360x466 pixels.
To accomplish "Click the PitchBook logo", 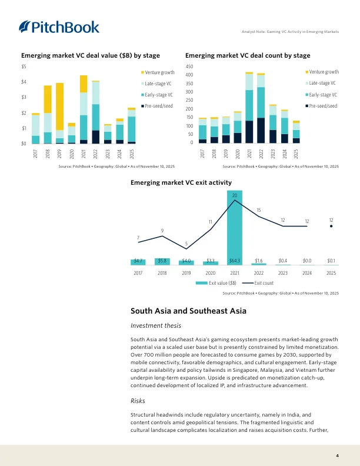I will (x=59, y=26).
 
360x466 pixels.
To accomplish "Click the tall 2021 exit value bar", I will (x=235, y=229).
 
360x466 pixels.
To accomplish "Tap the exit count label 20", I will (x=235, y=195).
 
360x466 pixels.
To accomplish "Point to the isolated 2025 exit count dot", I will (x=331, y=226).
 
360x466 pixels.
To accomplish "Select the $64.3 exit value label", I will (x=235, y=259).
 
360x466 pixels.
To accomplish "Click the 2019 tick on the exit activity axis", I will (x=186, y=272).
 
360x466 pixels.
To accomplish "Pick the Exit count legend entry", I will (x=255, y=283).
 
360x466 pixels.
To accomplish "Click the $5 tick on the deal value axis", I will (x=24, y=66).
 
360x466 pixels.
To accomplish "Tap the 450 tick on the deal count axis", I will (x=189, y=66).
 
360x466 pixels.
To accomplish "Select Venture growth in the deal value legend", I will (x=157, y=72).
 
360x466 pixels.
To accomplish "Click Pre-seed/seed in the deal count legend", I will (x=322, y=106).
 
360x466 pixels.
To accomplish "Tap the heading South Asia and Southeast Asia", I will (x=188, y=310).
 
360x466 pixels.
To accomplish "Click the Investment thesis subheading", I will (x=155, y=325).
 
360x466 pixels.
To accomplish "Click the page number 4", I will (x=337, y=455).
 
